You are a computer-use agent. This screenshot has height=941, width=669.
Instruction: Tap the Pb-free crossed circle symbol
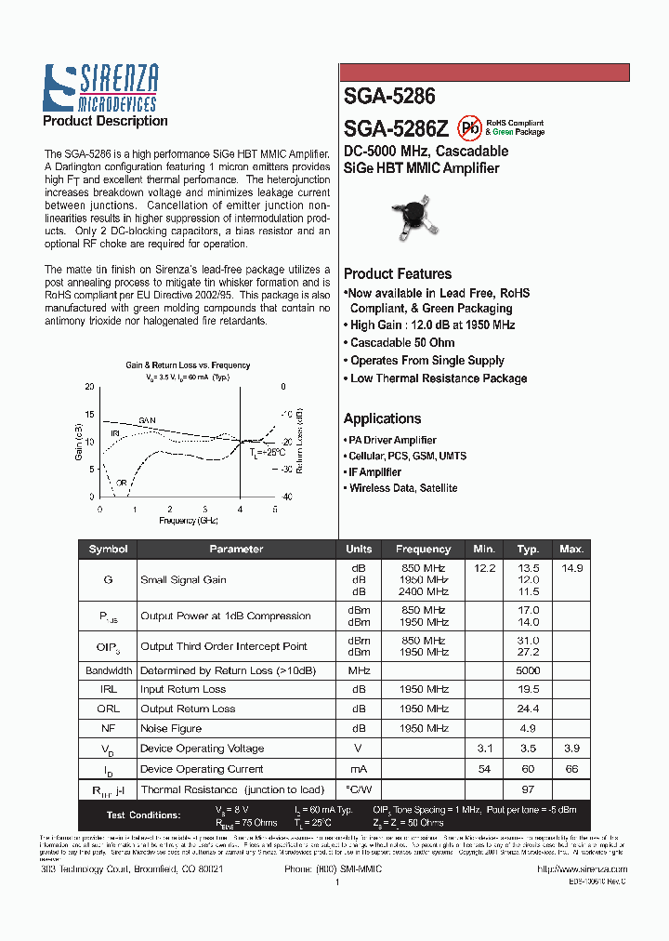pyautogui.click(x=470, y=126)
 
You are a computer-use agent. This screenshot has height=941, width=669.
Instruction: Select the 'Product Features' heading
pyautogui.click(x=397, y=273)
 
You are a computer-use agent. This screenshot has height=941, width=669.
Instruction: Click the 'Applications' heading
pyautogui.click(x=382, y=418)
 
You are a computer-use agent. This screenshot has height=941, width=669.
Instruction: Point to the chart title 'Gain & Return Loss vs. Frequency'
pyautogui.click(x=188, y=365)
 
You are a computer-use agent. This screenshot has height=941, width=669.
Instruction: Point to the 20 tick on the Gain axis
pyautogui.click(x=89, y=386)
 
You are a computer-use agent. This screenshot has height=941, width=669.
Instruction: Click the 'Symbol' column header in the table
pyautogui.click(x=108, y=549)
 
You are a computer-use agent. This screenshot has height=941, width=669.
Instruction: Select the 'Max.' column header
pyautogui.click(x=571, y=549)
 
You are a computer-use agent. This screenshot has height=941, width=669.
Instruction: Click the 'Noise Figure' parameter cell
pyautogui.click(x=171, y=728)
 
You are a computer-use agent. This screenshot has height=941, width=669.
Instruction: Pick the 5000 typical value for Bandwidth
pyautogui.click(x=528, y=670)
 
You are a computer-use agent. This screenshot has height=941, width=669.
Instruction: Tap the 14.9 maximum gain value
pyautogui.click(x=571, y=567)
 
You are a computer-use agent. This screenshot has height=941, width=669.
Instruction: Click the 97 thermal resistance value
pyautogui.click(x=528, y=789)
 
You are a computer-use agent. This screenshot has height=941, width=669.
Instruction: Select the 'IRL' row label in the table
pyautogui.click(x=108, y=689)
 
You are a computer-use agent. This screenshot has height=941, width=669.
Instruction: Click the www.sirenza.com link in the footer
pyautogui.click(x=582, y=868)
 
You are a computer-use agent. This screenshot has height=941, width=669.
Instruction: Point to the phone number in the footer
pyautogui.click(x=333, y=868)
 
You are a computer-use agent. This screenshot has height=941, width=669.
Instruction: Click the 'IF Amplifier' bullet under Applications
pyautogui.click(x=374, y=472)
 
